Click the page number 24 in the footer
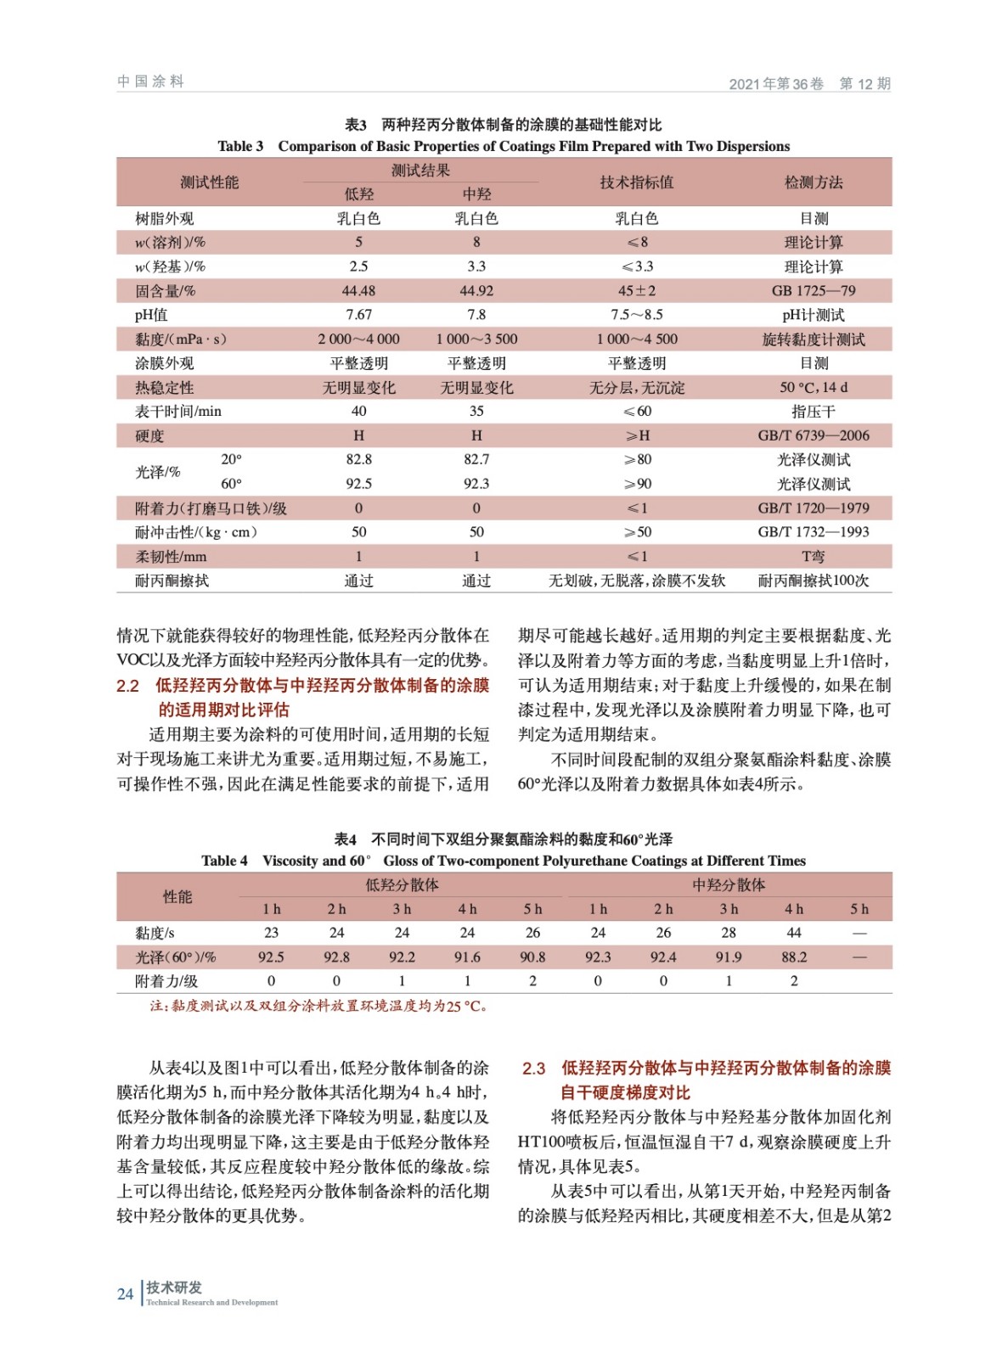coord(125,1293)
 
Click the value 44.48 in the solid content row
coord(358,291)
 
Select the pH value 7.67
coord(358,315)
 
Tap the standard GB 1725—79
coord(813,291)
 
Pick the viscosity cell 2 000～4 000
coord(358,339)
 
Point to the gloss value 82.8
coord(358,459)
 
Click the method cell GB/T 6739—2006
coord(813,435)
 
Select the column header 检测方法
coord(813,182)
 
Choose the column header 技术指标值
coord(636,182)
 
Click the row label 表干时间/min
coord(178,412)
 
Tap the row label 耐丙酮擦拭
coord(172,581)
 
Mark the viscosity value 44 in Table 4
coord(793,933)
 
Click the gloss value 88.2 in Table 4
coord(793,957)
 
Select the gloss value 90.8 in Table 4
coord(532,957)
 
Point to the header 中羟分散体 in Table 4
coord(728,885)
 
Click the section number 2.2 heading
coord(127,686)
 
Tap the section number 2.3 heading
coord(533,1068)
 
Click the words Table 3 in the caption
coord(240,146)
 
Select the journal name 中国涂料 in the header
coord(150,81)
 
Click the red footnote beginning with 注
coord(318,1006)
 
